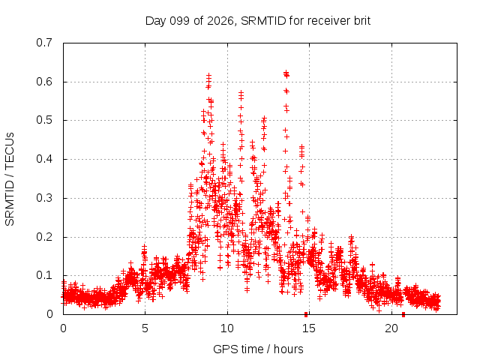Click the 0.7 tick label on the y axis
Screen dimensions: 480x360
(44, 43)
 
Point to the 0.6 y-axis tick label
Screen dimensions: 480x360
(44, 82)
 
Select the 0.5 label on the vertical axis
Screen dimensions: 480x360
(44, 120)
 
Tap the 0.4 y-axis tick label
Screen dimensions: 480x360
(44, 159)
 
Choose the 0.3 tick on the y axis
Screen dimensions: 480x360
(44, 198)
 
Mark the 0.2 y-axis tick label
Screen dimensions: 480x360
(44, 237)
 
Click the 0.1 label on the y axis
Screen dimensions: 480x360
(44, 275)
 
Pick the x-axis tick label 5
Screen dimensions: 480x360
(145, 328)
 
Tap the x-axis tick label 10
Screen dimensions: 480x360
(226, 328)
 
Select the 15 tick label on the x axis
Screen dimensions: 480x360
(309, 328)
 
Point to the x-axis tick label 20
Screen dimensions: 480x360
(391, 328)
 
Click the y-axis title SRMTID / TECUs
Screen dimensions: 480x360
(10, 179)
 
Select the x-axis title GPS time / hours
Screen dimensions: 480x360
(258, 349)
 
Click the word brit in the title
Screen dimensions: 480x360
(362, 21)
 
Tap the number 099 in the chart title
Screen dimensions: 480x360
(180, 21)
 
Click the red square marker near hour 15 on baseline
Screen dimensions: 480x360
(306, 315)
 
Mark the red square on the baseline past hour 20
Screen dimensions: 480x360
(403, 315)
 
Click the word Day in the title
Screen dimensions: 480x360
(156, 21)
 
